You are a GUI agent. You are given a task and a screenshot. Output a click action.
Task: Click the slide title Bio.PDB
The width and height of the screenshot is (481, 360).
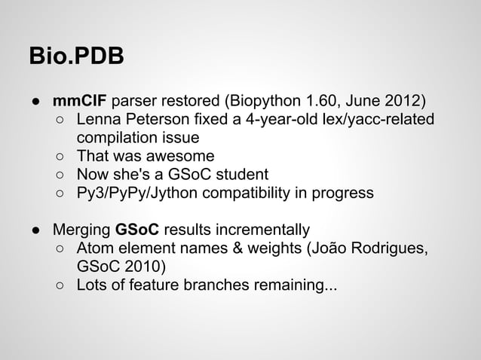click(x=76, y=57)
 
